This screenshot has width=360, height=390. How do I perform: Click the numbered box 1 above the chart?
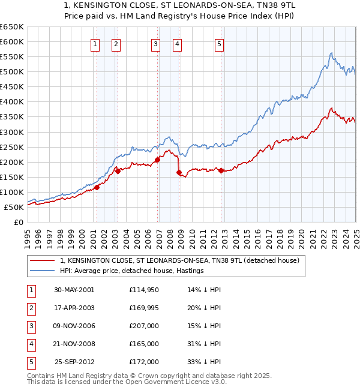pos(95,43)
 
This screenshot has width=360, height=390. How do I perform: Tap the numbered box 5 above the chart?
pos(219,43)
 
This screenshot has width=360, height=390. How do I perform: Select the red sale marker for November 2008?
pos(179,173)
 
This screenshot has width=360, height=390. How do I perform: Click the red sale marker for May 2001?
pos(97,188)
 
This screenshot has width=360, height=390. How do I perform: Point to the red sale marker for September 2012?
pos(221,170)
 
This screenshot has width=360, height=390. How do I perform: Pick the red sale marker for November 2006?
pos(157,160)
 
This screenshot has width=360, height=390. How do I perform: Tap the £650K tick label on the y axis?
pos(12,27)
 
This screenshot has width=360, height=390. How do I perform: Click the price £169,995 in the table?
pos(144,308)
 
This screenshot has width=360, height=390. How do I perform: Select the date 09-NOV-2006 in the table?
pos(74,326)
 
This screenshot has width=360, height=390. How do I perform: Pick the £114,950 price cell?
pos(144,290)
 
